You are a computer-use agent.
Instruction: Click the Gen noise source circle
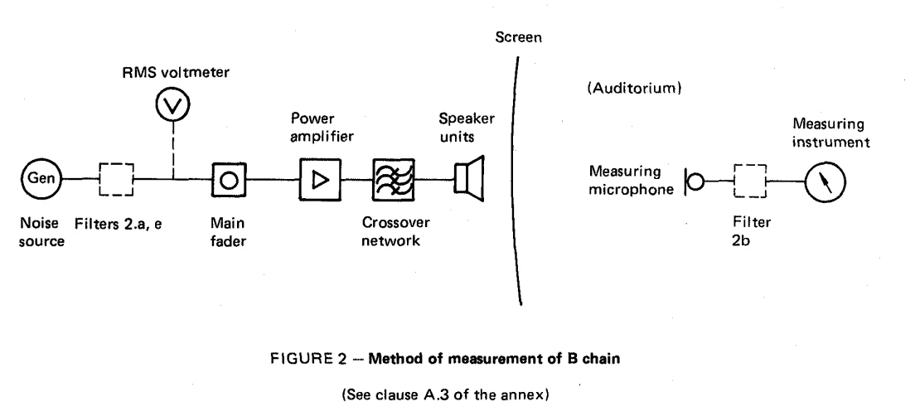[41, 178]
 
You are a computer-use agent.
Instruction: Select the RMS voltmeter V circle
[173, 105]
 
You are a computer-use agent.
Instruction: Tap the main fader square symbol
[229, 180]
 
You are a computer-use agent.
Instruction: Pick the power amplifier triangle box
[320, 180]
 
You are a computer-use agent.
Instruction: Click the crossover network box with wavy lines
[393, 180]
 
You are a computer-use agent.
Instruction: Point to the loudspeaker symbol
[469, 179]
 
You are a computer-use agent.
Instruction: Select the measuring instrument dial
[825, 182]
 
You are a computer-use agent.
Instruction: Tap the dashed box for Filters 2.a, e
[116, 179]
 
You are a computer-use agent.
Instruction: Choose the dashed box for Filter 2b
[750, 181]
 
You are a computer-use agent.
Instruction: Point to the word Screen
[518, 37]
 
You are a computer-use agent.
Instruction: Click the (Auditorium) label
[634, 89]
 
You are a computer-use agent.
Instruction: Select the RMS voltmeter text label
[176, 73]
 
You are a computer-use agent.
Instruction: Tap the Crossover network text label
[395, 231]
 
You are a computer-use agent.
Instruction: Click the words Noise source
[41, 232]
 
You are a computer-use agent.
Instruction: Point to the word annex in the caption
[525, 395]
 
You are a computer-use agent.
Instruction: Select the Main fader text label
[228, 232]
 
